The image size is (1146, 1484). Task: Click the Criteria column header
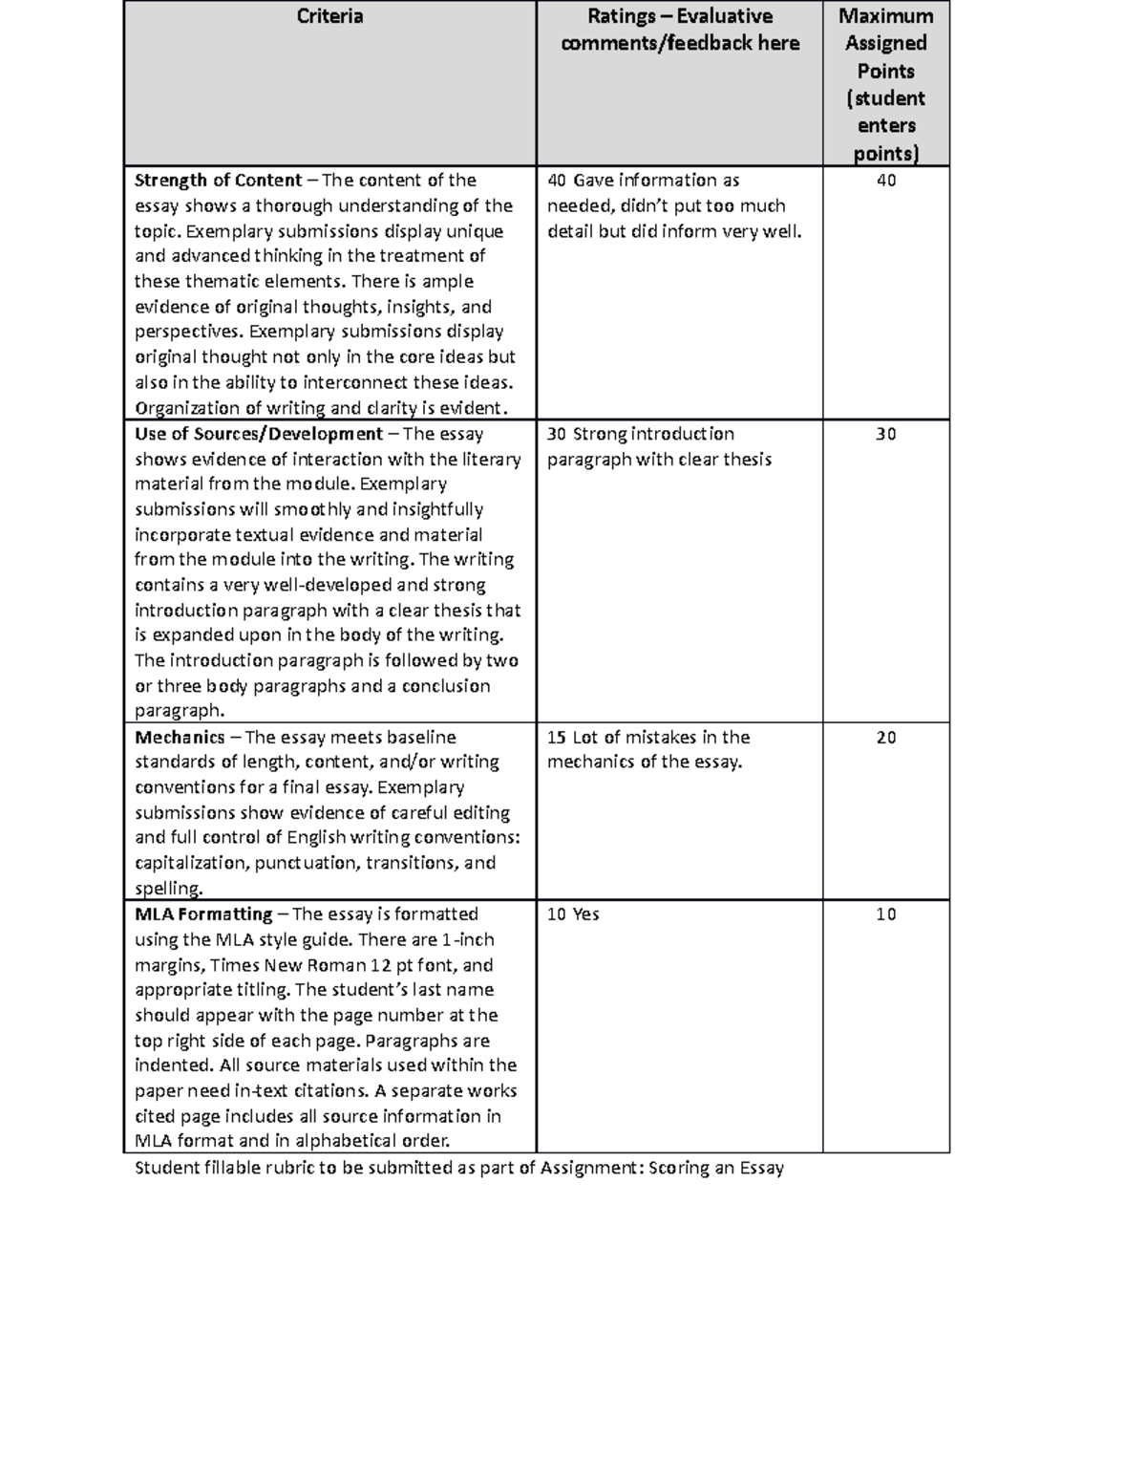[329, 16]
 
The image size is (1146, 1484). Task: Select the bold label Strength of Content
[218, 181]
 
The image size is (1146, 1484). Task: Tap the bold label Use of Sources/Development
[258, 434]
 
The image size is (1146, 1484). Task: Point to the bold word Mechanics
[180, 737]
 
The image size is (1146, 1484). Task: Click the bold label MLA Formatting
[203, 914]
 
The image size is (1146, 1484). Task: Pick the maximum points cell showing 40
[885, 181]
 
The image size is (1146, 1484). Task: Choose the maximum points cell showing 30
[885, 434]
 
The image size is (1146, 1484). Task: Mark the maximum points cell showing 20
[885, 737]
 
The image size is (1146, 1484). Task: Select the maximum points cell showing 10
[885, 914]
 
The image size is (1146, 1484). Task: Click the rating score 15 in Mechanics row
[557, 737]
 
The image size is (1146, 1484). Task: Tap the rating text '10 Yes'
[573, 914]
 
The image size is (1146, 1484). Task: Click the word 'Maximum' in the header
[885, 16]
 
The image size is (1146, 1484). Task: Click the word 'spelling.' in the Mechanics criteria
[169, 889]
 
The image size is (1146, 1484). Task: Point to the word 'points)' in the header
[885, 153]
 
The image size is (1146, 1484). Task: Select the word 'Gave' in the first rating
[592, 181]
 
